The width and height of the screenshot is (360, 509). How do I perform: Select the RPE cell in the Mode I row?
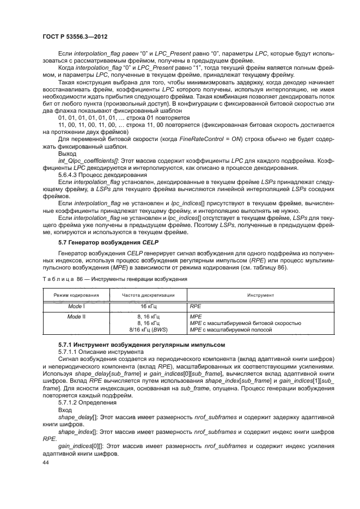click(x=195, y=306)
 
